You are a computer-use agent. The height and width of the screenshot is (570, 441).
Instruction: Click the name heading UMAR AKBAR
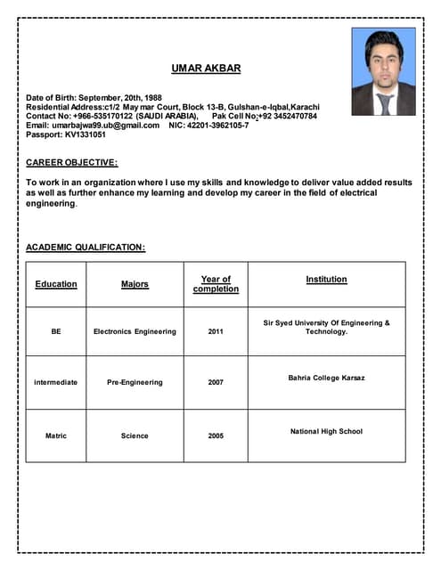click(206, 69)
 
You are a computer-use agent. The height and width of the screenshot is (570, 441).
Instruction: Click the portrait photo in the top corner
click(383, 72)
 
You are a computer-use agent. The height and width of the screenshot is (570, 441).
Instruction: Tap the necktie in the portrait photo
click(385, 103)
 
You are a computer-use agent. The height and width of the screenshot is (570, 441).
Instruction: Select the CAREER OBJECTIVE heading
click(72, 162)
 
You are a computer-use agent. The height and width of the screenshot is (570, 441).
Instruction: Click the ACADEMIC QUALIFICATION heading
click(86, 247)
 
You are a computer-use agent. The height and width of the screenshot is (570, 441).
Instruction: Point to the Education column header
click(56, 284)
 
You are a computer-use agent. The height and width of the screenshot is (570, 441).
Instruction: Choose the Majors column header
click(135, 284)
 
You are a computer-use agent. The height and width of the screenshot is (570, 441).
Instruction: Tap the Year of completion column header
click(216, 284)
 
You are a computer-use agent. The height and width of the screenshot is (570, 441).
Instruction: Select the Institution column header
click(326, 280)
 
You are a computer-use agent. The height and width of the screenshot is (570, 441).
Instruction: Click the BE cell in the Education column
click(56, 331)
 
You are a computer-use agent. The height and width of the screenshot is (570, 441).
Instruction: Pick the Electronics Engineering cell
click(135, 331)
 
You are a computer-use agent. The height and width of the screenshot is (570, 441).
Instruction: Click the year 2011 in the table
click(216, 331)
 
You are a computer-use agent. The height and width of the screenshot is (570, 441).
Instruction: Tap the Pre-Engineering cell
click(135, 382)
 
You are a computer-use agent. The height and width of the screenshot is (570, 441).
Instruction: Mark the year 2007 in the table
click(216, 382)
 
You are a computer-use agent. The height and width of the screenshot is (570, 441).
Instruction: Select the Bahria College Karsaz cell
click(326, 378)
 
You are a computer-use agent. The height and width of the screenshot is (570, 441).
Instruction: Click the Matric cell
click(56, 436)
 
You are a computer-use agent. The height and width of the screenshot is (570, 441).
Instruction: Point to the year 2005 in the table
click(216, 436)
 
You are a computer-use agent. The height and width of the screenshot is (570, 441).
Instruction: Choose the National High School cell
click(326, 431)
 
